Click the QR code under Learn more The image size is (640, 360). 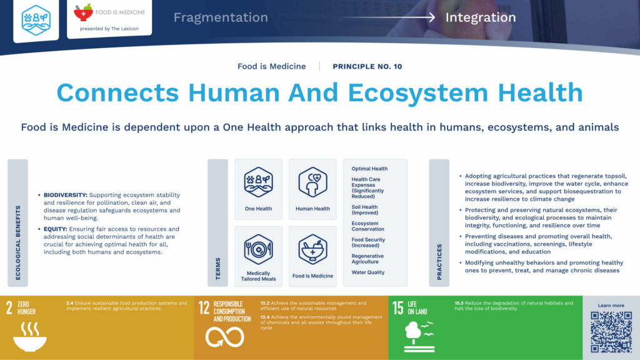point(611,332)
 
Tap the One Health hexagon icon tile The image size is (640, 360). point(258,182)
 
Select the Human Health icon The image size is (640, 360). point(312,182)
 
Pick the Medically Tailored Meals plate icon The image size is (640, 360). point(258,249)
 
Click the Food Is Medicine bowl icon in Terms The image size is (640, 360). point(312,249)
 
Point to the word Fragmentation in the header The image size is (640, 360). point(221,17)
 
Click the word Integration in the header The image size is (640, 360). point(481,17)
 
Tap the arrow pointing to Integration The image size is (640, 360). point(387,17)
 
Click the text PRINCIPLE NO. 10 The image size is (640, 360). point(367,66)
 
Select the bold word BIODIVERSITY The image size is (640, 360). point(65,195)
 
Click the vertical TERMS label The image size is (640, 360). point(218,269)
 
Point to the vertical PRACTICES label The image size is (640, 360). point(439,262)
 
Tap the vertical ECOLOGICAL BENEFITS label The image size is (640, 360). point(18,242)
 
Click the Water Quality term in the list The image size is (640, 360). point(368,272)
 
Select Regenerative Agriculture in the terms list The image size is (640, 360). point(367,259)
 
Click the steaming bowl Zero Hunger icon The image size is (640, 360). point(30,336)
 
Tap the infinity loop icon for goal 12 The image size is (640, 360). point(224,337)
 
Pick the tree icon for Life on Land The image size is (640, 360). point(419,336)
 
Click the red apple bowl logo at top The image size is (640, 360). point(83,12)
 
